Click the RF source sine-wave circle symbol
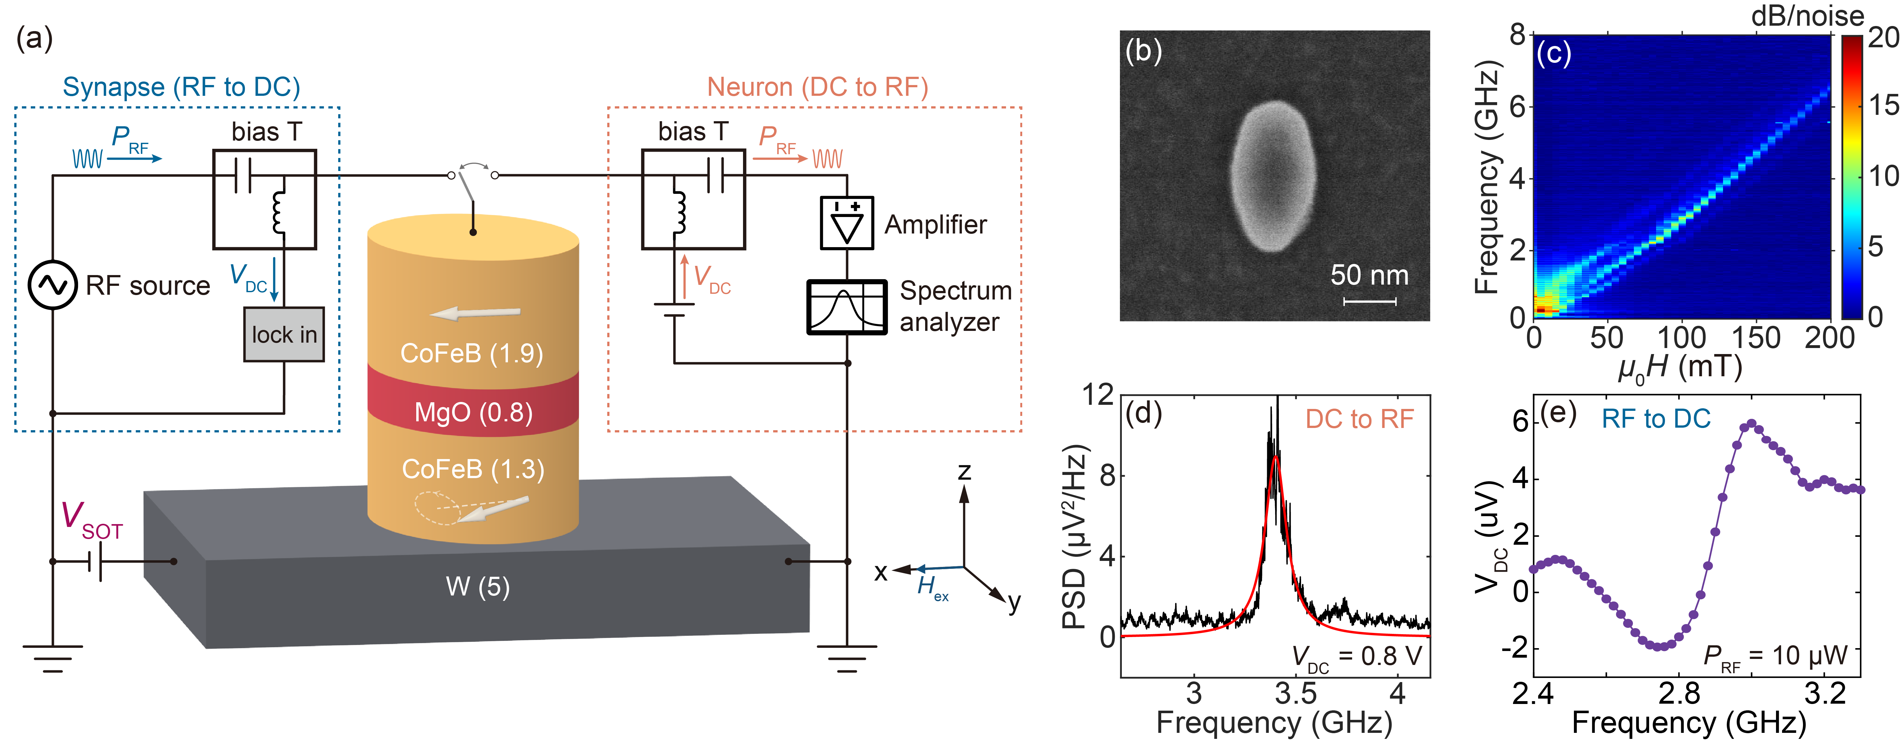tap(52, 285)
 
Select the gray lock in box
tap(284, 334)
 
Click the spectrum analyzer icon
tap(846, 307)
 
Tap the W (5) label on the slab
tap(477, 587)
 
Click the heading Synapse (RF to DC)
tap(181, 87)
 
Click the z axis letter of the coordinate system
tap(964, 471)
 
